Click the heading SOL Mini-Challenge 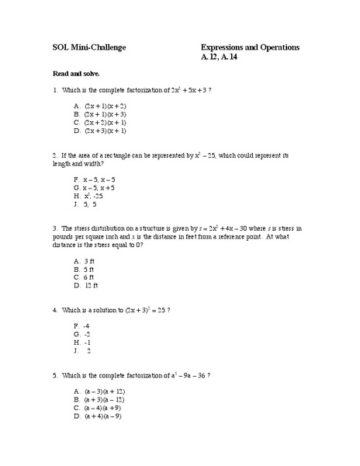tap(84, 47)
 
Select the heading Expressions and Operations tap(249, 47)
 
